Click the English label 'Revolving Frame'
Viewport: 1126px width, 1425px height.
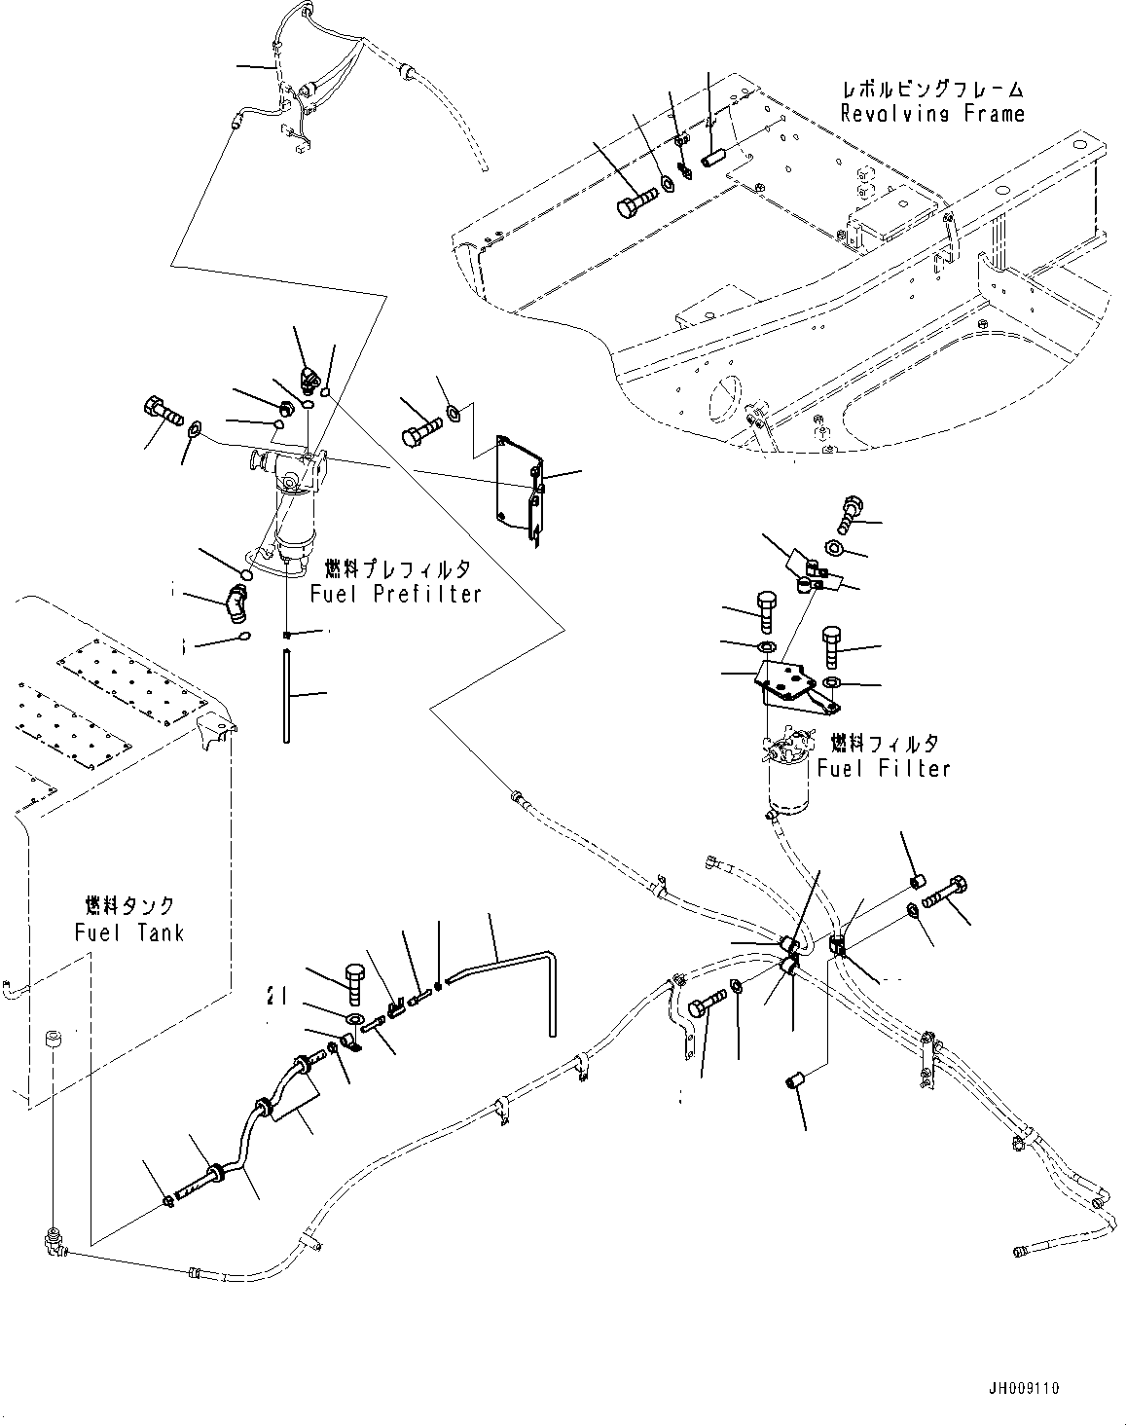point(932,114)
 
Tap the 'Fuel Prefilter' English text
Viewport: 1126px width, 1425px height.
point(395,594)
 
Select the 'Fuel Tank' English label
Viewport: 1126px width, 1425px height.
point(128,932)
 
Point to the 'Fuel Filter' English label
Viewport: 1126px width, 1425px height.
point(883,768)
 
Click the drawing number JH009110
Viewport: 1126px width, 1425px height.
point(1049,1387)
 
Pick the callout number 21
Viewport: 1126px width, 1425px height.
point(276,995)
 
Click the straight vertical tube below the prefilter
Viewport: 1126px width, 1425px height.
point(287,697)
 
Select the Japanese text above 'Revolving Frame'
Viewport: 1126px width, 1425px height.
point(932,90)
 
